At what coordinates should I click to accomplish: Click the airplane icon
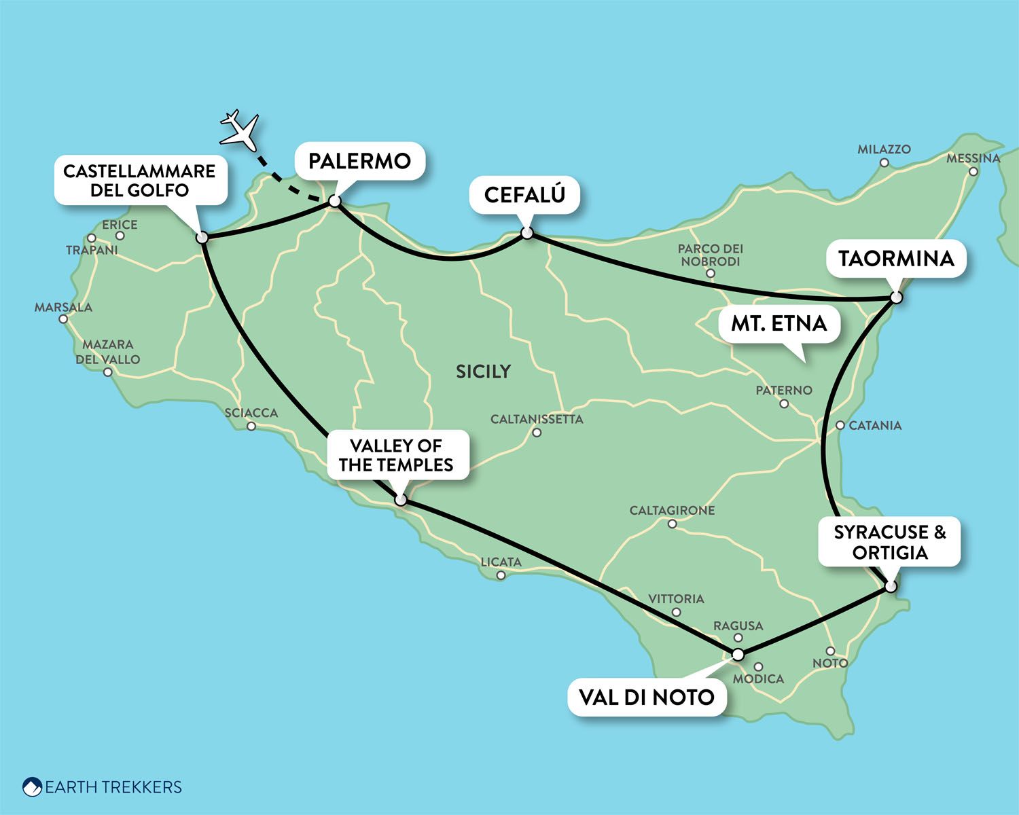tap(240, 130)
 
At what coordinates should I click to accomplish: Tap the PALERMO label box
tap(359, 161)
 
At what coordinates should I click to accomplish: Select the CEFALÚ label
tap(524, 195)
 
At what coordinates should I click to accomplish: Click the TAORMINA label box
tap(896, 259)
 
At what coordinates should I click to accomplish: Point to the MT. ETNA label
tap(779, 323)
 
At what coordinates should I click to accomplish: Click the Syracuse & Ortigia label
tap(889, 542)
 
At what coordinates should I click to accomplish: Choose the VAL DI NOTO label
tap(646, 697)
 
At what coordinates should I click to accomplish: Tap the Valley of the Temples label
tap(396, 455)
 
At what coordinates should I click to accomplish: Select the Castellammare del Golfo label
tap(139, 181)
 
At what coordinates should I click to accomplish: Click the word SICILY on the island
tap(483, 372)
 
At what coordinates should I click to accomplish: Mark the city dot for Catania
tap(840, 425)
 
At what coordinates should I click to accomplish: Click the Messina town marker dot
tap(973, 172)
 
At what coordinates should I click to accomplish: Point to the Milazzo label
tap(884, 149)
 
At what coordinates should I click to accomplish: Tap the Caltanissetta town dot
tap(537, 433)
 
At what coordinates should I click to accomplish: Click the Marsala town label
tap(63, 308)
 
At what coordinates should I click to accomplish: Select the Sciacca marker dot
tap(251, 427)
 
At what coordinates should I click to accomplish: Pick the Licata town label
tap(501, 562)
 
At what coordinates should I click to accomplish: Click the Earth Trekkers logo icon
tap(32, 787)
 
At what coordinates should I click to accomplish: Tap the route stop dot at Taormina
tap(896, 297)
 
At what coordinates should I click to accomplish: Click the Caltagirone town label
tap(672, 511)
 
